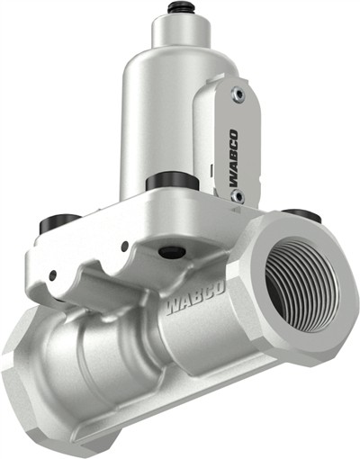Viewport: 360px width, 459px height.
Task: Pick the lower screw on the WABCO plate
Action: tap(236, 195)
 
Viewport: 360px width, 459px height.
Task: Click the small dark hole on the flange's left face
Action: tap(53, 275)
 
